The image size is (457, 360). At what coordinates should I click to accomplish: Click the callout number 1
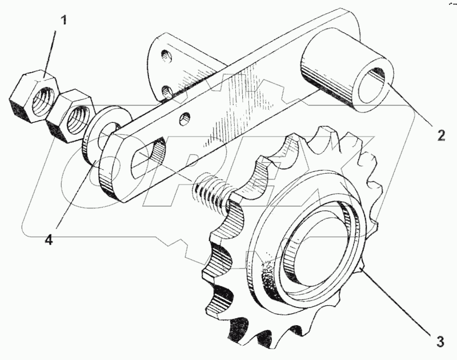tap(63, 21)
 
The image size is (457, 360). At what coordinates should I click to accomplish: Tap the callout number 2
tap(440, 135)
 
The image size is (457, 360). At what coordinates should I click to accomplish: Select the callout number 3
tap(439, 342)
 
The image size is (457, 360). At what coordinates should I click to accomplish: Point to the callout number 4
tap(49, 240)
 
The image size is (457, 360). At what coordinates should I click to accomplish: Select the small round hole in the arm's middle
tap(185, 119)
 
